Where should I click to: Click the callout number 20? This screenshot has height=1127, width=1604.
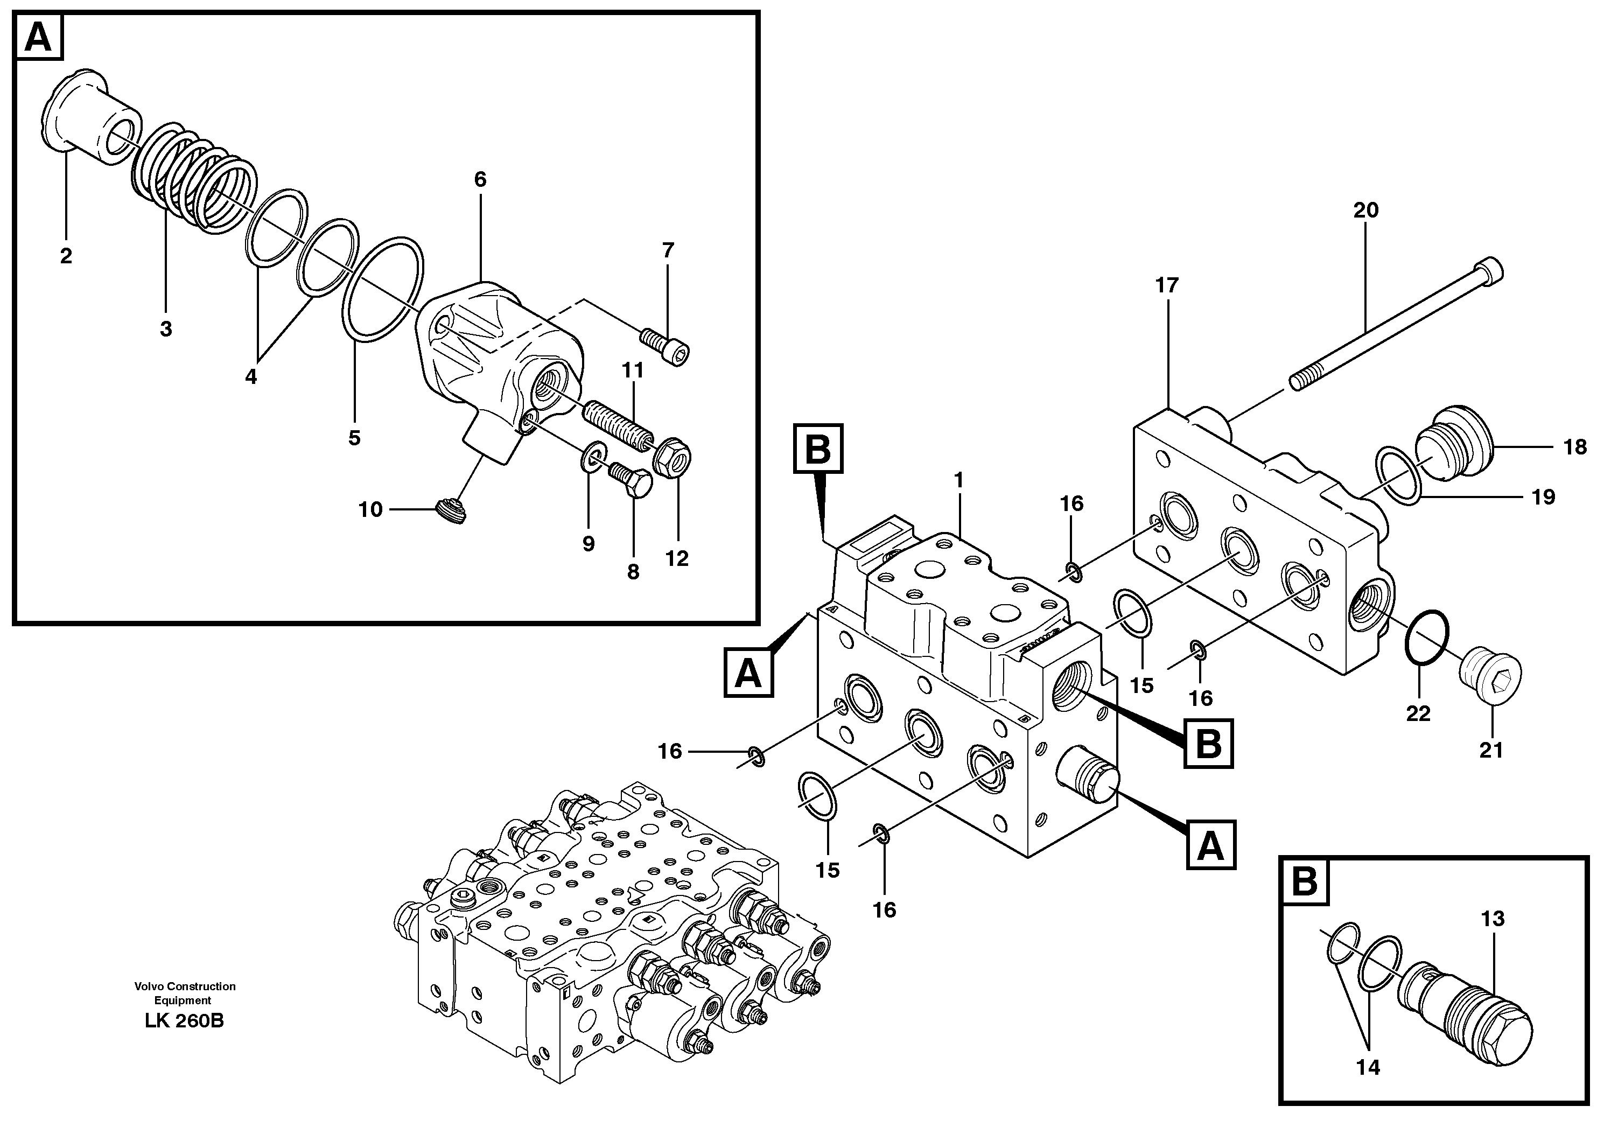[x=1366, y=211]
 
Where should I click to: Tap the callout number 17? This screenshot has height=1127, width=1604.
[x=1167, y=285]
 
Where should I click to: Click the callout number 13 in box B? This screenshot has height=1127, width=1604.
[x=1492, y=919]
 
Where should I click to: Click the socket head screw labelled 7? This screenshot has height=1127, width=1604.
[x=665, y=347]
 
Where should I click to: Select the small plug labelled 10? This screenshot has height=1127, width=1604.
[x=451, y=512]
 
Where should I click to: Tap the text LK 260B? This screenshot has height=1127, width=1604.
[x=185, y=1021]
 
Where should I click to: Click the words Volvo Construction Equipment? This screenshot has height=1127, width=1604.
[x=185, y=993]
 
